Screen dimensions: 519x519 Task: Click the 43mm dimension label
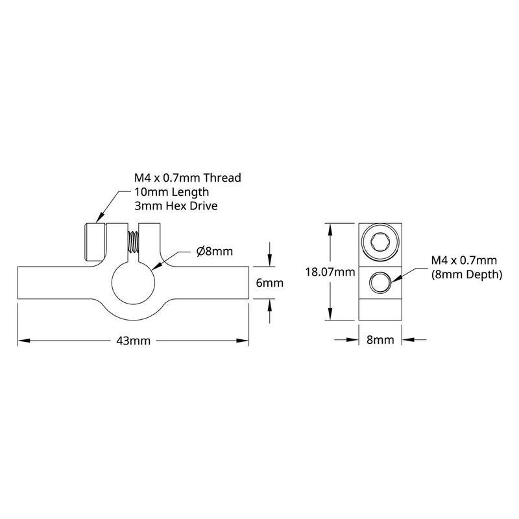[x=134, y=341]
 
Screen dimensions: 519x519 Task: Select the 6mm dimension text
[x=270, y=283]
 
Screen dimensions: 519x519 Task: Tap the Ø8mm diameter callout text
[x=215, y=252]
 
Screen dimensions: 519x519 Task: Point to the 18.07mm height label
[x=330, y=272]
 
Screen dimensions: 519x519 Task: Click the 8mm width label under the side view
[x=380, y=340]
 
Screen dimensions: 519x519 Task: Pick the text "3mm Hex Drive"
[x=176, y=206]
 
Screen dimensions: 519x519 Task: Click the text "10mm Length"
[x=171, y=192]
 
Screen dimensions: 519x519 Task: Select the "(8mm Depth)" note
[x=466, y=274]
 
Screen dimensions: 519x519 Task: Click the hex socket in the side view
[x=380, y=242]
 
